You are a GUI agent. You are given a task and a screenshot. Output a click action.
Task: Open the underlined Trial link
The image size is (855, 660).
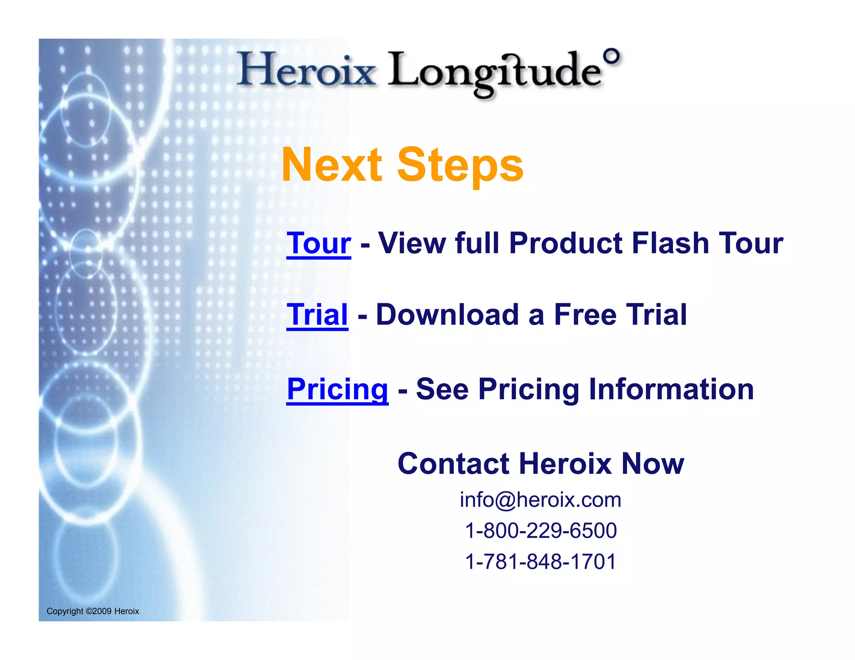click(317, 315)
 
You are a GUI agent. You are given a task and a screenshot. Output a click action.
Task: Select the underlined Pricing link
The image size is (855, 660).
click(337, 389)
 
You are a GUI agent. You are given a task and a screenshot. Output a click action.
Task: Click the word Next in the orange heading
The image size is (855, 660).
click(332, 165)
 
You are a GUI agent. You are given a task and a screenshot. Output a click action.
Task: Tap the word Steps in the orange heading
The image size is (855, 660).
click(460, 166)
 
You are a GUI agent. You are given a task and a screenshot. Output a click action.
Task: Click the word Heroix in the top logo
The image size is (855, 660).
click(307, 69)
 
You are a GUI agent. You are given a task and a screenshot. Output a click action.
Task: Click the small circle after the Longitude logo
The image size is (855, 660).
click(612, 56)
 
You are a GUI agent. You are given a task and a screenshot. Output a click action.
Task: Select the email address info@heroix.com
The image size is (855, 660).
click(540, 500)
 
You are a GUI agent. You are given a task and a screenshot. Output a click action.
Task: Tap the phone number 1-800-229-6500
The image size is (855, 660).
click(541, 531)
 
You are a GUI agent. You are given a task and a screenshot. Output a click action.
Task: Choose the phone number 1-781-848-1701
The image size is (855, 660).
click(541, 562)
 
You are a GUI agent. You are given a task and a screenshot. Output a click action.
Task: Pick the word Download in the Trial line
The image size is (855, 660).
click(448, 315)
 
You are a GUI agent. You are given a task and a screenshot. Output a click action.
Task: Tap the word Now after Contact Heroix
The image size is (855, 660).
click(653, 464)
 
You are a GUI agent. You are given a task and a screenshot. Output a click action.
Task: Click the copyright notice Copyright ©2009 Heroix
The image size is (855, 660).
click(93, 611)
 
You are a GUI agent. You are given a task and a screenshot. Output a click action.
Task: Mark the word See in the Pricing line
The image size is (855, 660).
click(442, 389)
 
